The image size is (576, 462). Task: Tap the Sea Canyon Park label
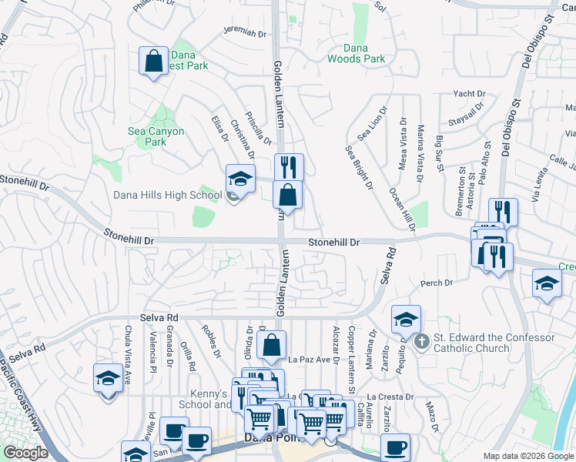pos(156,136)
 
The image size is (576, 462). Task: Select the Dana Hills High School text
pos(167,195)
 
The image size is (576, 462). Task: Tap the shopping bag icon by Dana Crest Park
pos(154,60)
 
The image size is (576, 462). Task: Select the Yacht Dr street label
pos(469,94)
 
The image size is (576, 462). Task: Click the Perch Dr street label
pos(437,283)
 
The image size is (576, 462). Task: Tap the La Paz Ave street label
pos(314,359)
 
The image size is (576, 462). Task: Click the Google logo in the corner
pos(25,453)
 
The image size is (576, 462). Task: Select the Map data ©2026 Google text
pos(527,456)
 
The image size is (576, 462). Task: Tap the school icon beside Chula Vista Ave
pos(108,378)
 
